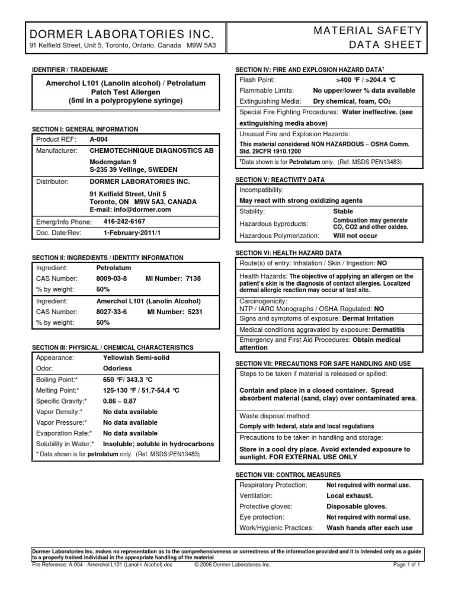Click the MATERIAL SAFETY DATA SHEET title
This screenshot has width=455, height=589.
376,37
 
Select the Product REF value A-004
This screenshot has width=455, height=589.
99,140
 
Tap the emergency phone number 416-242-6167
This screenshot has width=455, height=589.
124,221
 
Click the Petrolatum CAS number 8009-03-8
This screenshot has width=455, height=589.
112,278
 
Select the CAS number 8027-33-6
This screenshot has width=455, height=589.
112,312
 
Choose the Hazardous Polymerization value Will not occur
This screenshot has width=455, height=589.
355,235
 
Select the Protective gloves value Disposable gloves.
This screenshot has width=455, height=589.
357,506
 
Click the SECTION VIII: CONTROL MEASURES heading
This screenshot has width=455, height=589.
288,475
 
